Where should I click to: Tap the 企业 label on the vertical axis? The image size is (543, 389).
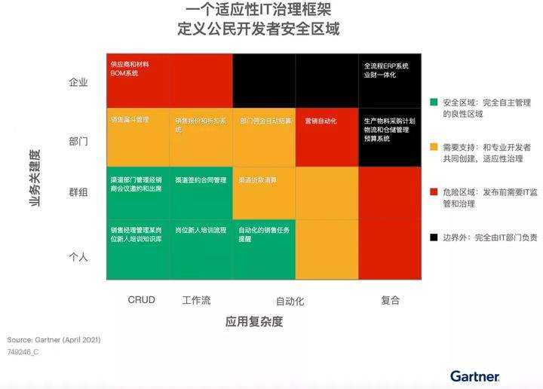tap(78, 82)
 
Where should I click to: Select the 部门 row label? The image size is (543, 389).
tap(78, 141)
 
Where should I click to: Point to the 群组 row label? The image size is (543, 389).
tap(78, 192)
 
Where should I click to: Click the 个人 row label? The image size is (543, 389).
tap(78, 257)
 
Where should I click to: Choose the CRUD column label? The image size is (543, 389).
tap(141, 300)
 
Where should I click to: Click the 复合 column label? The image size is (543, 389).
tap(390, 300)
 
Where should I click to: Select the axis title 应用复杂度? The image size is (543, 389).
tap(254, 321)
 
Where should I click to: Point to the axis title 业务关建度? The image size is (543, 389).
tap(35, 178)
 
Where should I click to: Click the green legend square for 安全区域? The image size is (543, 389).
tap(433, 101)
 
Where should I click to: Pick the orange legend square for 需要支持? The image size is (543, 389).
tap(433, 146)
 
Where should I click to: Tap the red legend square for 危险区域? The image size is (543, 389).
tap(433, 191)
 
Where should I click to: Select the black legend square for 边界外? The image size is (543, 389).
tap(433, 237)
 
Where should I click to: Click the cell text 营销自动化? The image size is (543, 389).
tap(321, 121)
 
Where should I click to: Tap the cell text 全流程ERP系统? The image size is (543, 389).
tap(385, 66)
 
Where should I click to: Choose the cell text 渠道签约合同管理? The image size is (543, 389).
tap(201, 181)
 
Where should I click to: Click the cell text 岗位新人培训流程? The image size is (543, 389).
tap(201, 229)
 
